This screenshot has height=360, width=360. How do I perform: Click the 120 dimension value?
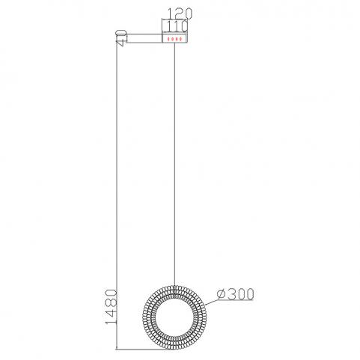pos(180,13)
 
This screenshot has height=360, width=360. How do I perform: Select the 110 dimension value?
pos(177,26)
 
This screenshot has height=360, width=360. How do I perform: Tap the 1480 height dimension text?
pos(112,307)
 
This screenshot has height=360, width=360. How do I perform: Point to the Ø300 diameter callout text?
pos(236,294)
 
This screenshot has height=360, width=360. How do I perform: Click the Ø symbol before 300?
pos(222,294)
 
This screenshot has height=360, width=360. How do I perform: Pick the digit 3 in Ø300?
pos(232,294)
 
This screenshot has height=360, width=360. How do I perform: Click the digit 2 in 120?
pos(180,13)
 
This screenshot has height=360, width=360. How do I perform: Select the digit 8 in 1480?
pos(112,302)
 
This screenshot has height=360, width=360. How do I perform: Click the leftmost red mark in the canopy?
pos(168,39)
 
